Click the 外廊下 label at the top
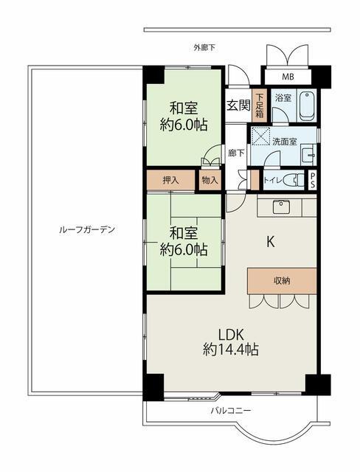(x=204, y=48)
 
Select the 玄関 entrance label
(x=238, y=105)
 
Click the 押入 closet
(x=170, y=179)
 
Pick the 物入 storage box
(x=209, y=179)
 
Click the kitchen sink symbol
(x=281, y=206)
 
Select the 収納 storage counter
(x=281, y=280)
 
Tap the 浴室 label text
(x=283, y=97)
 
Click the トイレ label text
(x=271, y=179)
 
